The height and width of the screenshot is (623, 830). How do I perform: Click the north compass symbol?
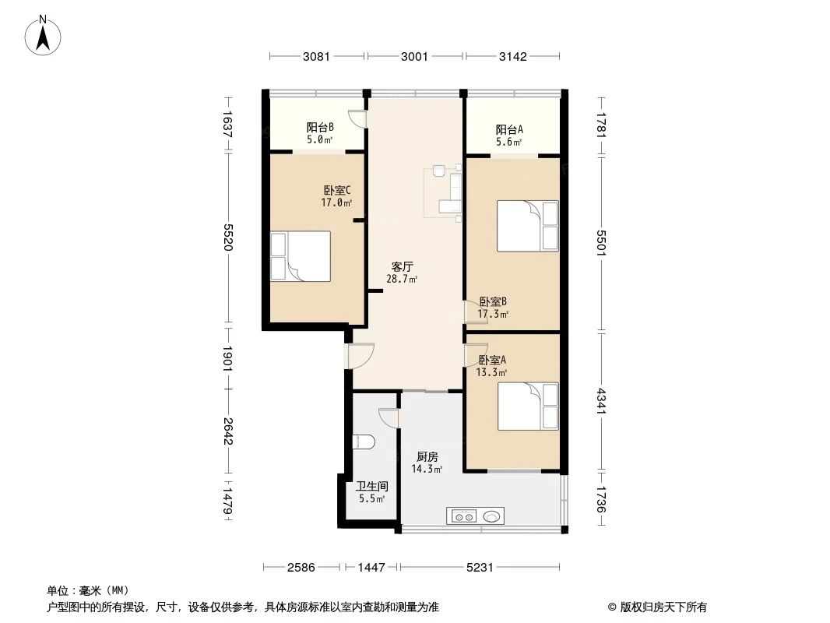pos(44,34)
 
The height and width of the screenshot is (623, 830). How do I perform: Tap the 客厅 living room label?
pos(402,266)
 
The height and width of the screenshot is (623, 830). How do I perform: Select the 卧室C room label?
pos(336,190)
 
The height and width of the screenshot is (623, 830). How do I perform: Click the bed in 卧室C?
pos(301,255)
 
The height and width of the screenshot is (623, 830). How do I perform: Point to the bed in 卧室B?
pos(528,226)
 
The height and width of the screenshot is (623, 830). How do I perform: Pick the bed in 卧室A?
pos(528,406)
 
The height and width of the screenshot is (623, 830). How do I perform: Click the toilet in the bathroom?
pos(363,442)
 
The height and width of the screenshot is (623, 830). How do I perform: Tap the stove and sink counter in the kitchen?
pos(475,516)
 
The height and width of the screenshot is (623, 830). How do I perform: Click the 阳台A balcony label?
pos(509,130)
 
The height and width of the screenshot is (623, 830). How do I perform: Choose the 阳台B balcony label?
pos(320,128)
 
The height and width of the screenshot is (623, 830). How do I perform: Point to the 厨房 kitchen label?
pos(427,457)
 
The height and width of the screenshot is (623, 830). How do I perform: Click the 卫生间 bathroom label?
pos(371,487)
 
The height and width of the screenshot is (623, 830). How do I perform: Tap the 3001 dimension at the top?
pos(415,56)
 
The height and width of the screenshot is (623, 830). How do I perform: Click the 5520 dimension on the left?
pos(228,237)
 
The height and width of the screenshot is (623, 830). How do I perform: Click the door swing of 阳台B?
pos(357,118)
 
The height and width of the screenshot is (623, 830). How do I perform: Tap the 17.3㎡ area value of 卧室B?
pos(493,315)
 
